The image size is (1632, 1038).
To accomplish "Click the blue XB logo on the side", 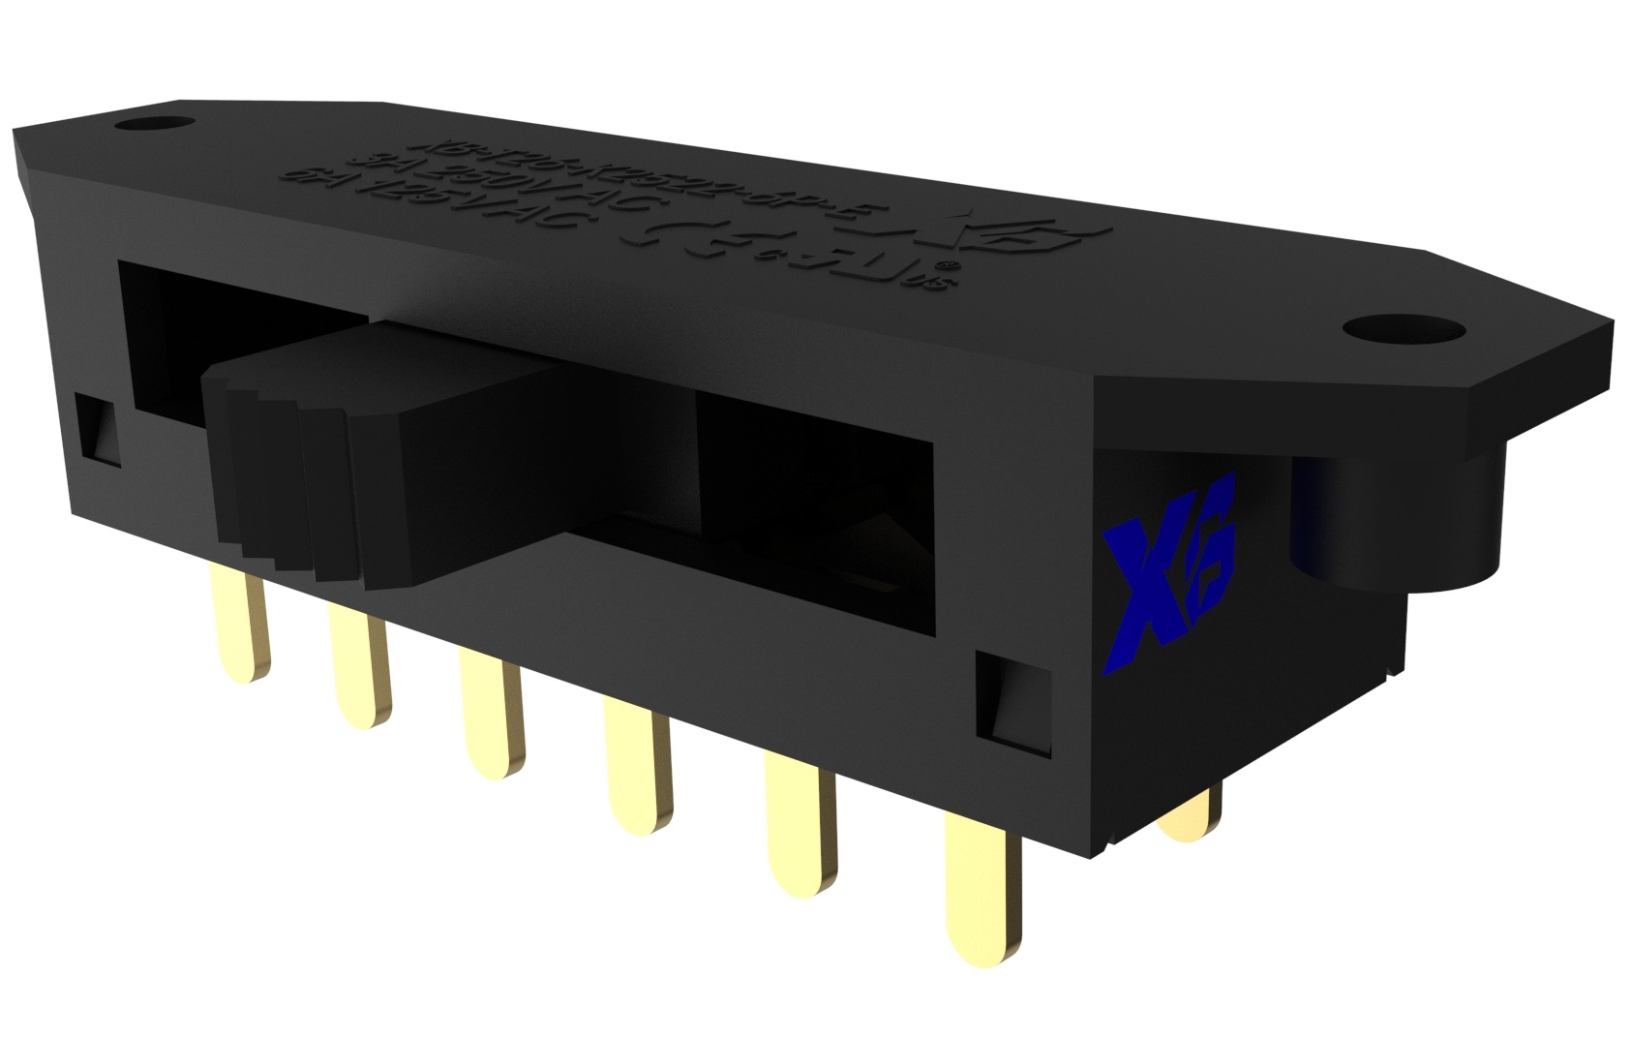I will point(1168,571).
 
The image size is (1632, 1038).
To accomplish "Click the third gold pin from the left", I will point(490,715).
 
